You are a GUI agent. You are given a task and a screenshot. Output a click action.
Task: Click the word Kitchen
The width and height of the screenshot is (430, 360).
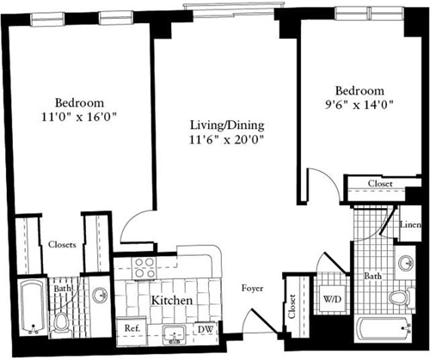tap(170, 302)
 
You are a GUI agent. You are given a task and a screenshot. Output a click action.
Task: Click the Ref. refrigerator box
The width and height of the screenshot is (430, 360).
tap(133, 328)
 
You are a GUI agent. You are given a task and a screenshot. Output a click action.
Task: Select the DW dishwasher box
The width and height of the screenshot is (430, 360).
tap(206, 328)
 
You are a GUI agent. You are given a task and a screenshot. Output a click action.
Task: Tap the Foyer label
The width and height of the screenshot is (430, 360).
tap(252, 289)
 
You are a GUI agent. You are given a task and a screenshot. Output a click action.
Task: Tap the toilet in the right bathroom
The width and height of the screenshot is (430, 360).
tap(397, 299)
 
